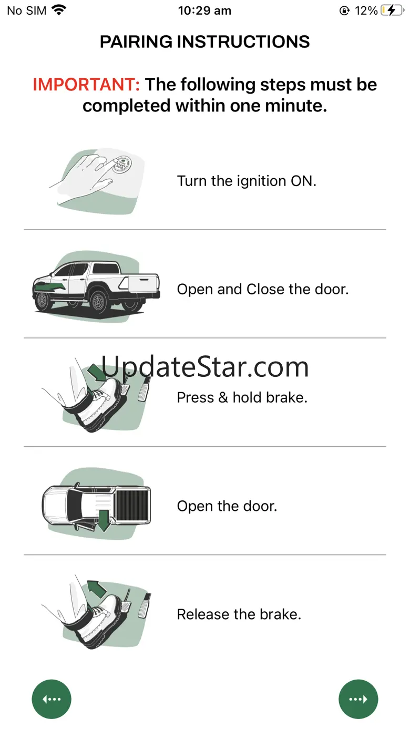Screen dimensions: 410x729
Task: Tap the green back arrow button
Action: click(52, 699)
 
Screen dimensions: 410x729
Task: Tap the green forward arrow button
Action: click(358, 699)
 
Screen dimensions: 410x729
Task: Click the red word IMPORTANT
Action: click(86, 85)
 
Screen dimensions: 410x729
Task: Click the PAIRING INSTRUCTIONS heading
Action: click(204, 42)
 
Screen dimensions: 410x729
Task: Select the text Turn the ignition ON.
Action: click(247, 181)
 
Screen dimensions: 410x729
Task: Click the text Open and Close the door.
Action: click(263, 289)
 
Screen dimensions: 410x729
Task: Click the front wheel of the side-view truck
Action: click(43, 301)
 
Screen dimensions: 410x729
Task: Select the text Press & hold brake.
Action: click(242, 397)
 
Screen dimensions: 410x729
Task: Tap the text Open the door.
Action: click(227, 506)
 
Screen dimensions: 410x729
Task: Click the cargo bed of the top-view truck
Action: click(132, 505)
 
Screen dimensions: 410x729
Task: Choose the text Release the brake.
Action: click(239, 614)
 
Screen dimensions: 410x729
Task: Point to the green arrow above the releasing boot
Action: click(97, 589)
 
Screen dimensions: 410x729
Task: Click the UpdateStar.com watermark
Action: click(205, 367)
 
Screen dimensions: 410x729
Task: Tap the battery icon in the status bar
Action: click(392, 11)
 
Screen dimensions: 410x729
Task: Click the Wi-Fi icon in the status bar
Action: click(59, 10)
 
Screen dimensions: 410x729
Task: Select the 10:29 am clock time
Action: click(204, 11)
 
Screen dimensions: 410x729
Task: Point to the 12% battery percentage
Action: click(366, 11)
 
